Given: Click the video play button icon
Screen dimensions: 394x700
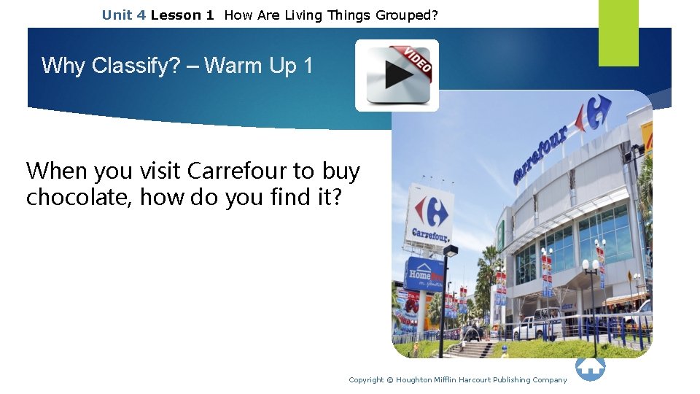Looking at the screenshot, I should (x=397, y=75).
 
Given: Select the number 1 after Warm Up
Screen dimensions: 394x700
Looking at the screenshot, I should (x=307, y=66).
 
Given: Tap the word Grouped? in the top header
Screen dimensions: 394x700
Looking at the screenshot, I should (x=407, y=15).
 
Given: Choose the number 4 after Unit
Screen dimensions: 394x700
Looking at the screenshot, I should (x=141, y=15).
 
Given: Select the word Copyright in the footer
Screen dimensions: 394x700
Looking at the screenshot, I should (x=366, y=380).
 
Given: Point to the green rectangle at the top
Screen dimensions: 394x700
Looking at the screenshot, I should (x=618, y=32).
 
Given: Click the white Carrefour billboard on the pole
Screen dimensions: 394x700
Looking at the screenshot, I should (x=430, y=215).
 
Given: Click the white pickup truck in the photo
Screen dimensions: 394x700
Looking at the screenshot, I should (x=537, y=325).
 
